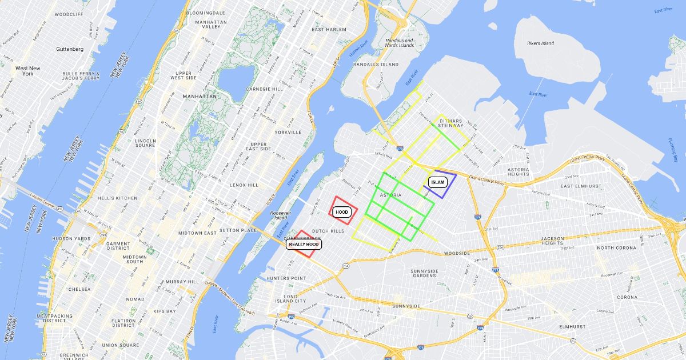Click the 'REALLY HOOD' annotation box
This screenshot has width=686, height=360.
[304, 244]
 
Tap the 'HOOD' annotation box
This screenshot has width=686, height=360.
[342, 212]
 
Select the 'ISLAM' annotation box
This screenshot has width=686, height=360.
[437, 182]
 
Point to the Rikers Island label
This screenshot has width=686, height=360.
[540, 43]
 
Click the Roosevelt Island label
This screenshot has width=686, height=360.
[281, 215]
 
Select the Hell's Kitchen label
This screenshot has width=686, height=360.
[118, 198]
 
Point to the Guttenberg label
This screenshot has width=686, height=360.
[70, 49]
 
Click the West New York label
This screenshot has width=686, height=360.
[28, 71]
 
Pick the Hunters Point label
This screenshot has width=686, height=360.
[286, 278]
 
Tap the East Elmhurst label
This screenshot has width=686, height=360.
[581, 186]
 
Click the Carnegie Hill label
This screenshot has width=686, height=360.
[264, 89]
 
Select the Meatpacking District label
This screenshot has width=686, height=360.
[55, 318]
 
